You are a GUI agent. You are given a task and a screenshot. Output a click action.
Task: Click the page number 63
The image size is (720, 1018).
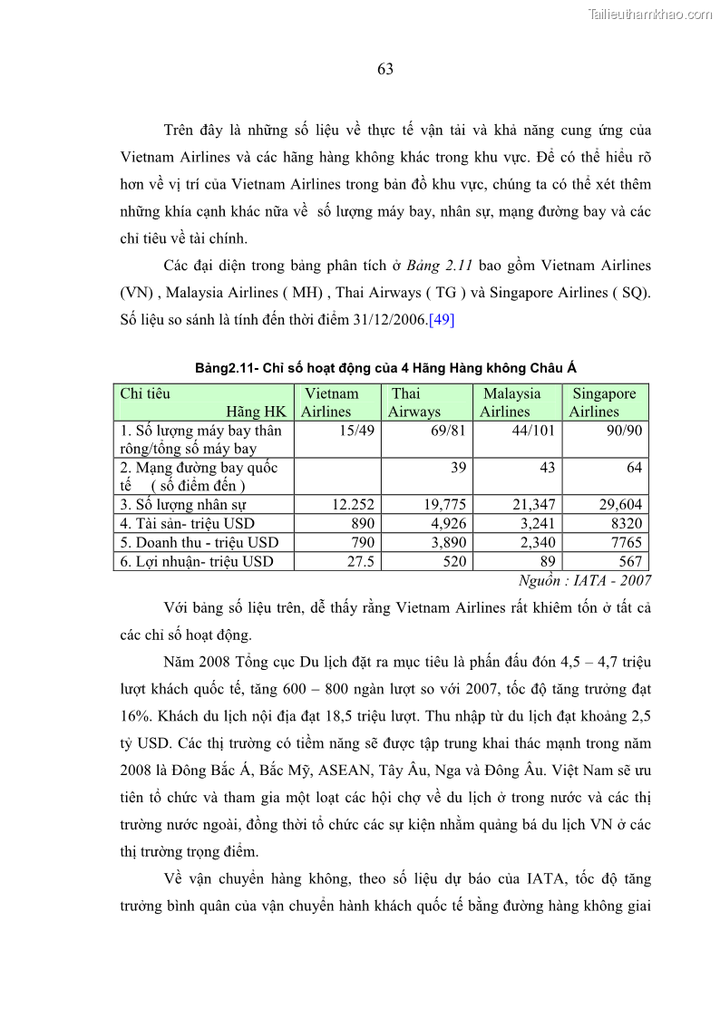[x=385, y=70]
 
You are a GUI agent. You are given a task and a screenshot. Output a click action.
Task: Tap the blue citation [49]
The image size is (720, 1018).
[x=442, y=320]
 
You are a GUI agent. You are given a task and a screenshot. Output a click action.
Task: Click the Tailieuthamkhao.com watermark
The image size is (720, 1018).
[x=649, y=14]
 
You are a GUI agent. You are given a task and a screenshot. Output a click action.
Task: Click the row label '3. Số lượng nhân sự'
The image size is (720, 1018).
[x=183, y=505]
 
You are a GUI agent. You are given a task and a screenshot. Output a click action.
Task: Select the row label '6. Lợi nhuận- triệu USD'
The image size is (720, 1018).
[x=197, y=562]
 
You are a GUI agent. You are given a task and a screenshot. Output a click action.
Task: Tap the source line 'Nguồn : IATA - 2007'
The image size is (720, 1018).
[x=584, y=581]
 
